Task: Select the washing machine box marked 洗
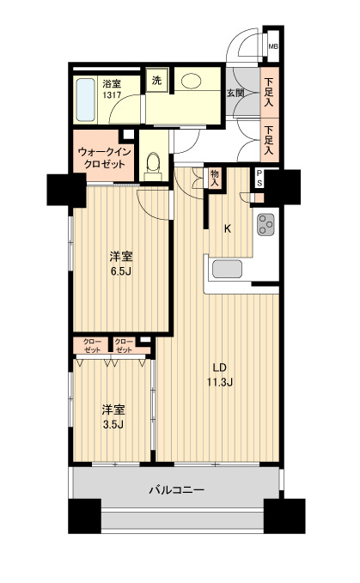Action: (156, 80)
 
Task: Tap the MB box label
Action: (272, 47)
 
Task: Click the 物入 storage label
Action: (215, 179)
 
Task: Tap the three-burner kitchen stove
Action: (265, 225)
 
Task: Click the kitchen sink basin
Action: (229, 269)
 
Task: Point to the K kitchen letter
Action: (228, 228)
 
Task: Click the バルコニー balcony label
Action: (176, 490)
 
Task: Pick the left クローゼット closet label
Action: (92, 346)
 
